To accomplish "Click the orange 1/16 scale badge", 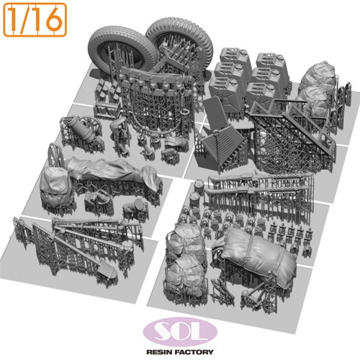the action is point(35,19).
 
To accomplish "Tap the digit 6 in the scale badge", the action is point(53,19).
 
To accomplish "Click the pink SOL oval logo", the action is point(180,332).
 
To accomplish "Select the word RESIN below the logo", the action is point(159,352).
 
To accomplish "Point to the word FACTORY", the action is point(194,352).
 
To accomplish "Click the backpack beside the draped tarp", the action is point(55,184).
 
